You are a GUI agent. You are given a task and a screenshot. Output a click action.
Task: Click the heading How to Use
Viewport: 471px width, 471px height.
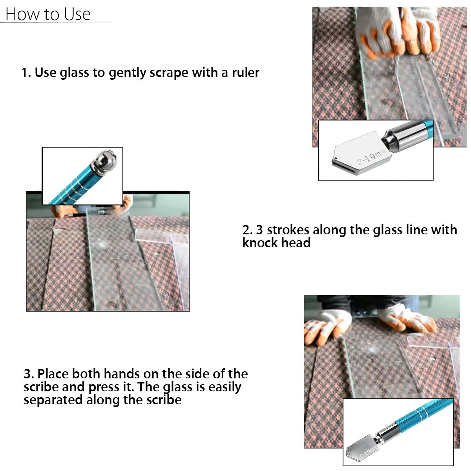pos(48,14)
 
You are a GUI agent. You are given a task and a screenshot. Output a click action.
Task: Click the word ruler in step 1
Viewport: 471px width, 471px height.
pos(245,73)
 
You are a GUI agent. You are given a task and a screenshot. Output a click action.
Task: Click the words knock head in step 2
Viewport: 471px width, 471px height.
pos(276,243)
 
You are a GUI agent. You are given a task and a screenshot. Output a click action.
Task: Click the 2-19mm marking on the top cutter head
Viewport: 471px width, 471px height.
pos(371,157)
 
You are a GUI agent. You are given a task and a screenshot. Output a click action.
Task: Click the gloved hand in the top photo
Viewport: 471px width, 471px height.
pos(396,33)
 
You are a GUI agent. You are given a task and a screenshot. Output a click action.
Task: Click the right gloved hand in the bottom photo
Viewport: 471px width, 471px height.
pos(408,318)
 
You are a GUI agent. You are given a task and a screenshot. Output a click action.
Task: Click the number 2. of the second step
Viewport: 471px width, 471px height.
pos(247,230)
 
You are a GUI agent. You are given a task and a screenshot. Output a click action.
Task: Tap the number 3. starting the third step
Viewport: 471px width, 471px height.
pos(28,374)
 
